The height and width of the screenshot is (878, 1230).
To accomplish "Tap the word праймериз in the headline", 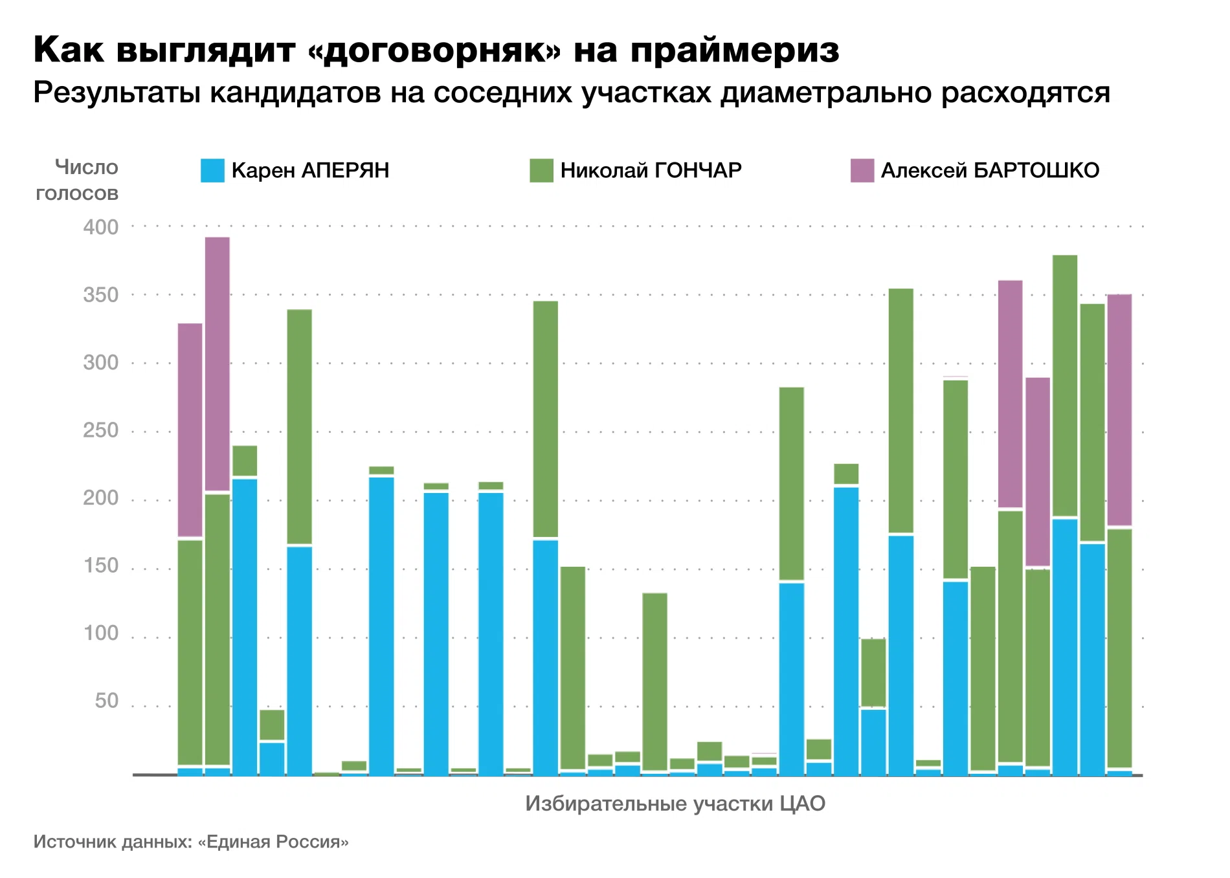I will [x=734, y=50].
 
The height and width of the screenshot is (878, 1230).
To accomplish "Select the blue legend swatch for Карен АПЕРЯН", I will [x=212, y=170].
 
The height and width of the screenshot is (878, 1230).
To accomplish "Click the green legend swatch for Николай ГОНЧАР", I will [x=541, y=170].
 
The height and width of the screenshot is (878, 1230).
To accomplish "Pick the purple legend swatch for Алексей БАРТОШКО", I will [x=862, y=170].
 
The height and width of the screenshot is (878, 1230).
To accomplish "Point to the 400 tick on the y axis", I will [x=101, y=227].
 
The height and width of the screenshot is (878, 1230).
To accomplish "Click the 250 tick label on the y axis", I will [x=101, y=430].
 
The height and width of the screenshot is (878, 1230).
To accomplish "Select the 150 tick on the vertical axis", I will [x=101, y=565].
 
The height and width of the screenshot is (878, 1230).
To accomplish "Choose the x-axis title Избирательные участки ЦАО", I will [x=675, y=804].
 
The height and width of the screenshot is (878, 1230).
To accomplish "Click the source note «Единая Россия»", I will [x=273, y=842].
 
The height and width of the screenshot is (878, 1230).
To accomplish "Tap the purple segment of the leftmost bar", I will [x=190, y=430].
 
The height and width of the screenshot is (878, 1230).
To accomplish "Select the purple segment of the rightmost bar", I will [x=1119, y=410].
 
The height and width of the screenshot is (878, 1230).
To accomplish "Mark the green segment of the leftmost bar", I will [x=190, y=652].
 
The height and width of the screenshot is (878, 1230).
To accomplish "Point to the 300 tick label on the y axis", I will [x=101, y=362].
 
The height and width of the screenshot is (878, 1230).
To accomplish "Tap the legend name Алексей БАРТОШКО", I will [x=990, y=170].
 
